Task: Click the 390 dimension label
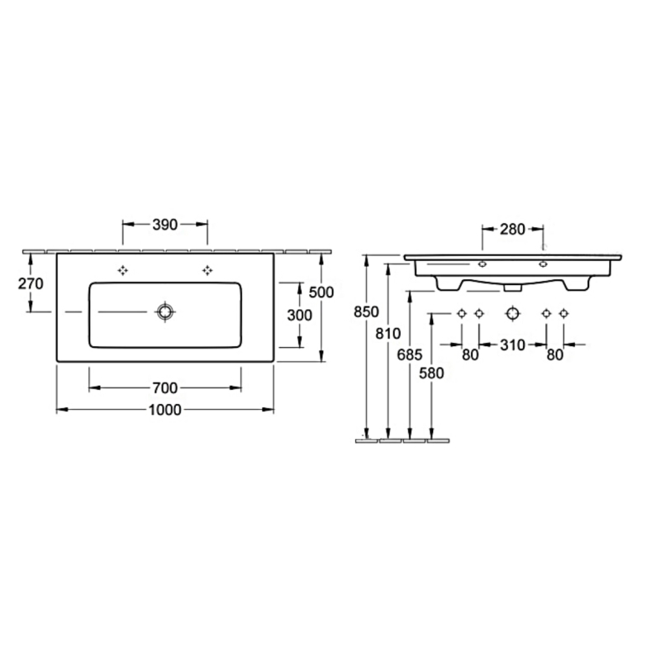pos(164,225)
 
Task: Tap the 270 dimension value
pos(31,283)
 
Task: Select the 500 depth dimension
pos(321,292)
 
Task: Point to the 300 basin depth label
pos(299,315)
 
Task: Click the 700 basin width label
pos(164,388)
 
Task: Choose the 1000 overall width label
pos(164,409)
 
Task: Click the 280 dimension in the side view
pos(512,230)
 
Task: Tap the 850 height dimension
pos(366,312)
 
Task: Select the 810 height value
pos(388,334)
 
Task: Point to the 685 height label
pos(409,355)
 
